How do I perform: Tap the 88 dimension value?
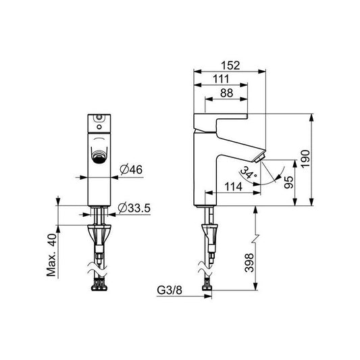click(226, 93)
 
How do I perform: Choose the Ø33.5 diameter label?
click(135, 207)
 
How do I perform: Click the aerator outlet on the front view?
click(99, 157)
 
